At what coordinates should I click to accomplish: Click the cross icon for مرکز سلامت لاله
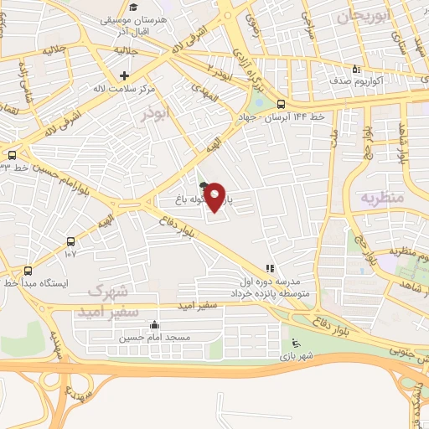[124, 76]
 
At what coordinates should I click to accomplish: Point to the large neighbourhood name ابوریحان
[365, 17]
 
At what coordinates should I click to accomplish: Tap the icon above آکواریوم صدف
[356, 70]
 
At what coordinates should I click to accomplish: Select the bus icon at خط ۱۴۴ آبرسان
[280, 105]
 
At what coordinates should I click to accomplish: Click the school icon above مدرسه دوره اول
[270, 269]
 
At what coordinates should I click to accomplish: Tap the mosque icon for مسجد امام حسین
[153, 325]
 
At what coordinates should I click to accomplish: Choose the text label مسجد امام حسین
[154, 338]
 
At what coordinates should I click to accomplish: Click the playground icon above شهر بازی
[295, 342]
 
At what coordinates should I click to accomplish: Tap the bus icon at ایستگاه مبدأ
[28, 271]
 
